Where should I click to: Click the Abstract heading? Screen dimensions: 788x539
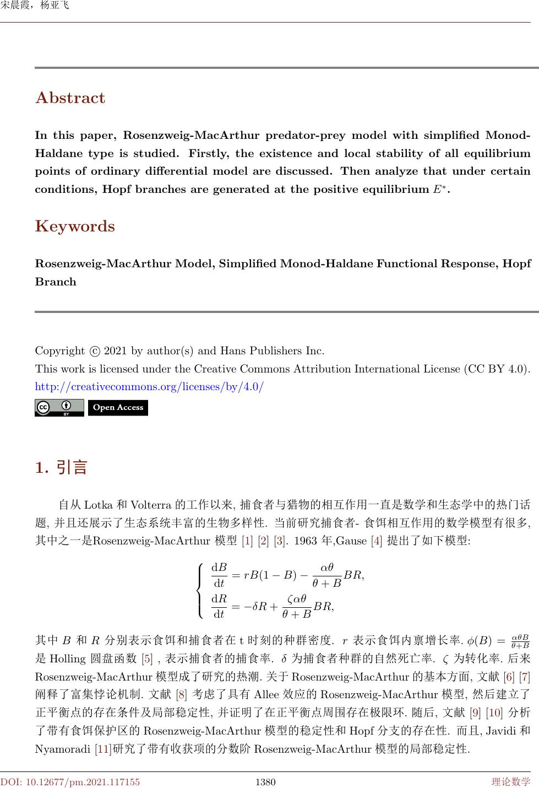click(x=70, y=98)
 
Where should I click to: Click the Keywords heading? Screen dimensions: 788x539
click(x=75, y=226)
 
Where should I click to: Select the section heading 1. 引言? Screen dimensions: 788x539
click(x=61, y=468)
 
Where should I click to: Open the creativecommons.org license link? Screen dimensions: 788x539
click(x=149, y=387)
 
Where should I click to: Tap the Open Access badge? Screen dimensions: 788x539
click(x=118, y=408)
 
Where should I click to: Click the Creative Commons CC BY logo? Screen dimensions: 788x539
click(x=59, y=408)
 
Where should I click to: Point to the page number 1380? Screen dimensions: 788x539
click(x=266, y=781)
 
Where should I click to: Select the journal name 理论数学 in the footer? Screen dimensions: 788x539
click(x=511, y=781)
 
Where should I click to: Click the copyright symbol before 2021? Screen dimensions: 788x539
click(x=95, y=351)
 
